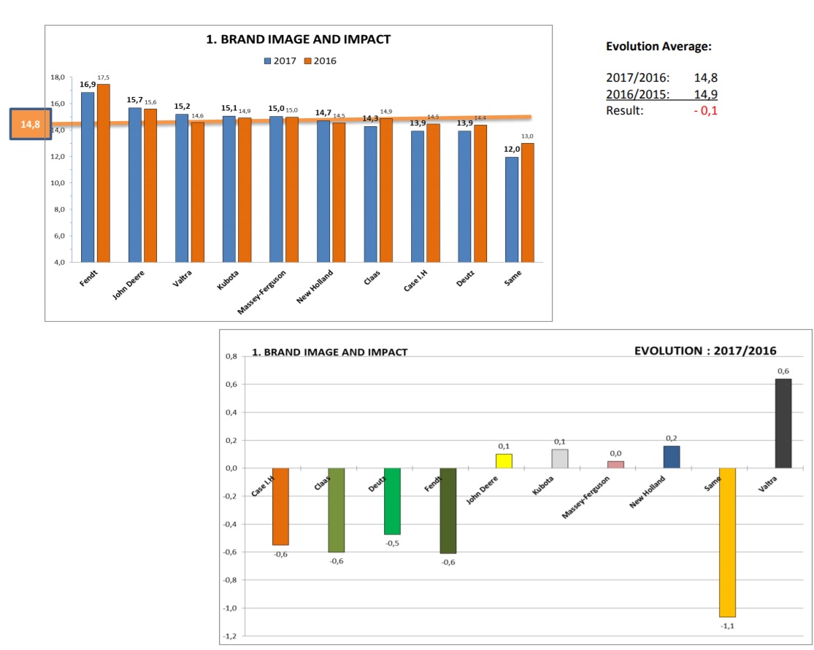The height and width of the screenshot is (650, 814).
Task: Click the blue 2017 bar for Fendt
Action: coord(88,177)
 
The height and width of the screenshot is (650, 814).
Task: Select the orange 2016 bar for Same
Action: coord(527,202)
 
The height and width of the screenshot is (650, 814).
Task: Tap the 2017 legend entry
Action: coord(281,61)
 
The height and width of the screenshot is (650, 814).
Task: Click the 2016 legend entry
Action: coord(320,61)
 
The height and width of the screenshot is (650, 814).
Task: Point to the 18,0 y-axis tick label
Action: coord(57,77)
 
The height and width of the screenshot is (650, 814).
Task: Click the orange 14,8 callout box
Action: coord(31,125)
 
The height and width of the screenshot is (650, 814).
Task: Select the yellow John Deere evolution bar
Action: coord(504,460)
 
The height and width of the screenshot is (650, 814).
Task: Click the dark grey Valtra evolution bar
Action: coord(783,423)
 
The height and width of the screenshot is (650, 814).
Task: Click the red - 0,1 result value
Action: coord(706,110)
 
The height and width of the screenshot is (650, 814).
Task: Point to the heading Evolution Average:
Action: coord(659,47)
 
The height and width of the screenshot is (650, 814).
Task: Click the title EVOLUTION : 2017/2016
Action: coord(705,350)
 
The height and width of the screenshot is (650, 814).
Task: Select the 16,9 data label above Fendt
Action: coord(88,85)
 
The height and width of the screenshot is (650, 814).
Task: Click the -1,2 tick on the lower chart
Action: coord(231,636)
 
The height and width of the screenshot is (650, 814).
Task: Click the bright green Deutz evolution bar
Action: coord(392,501)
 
